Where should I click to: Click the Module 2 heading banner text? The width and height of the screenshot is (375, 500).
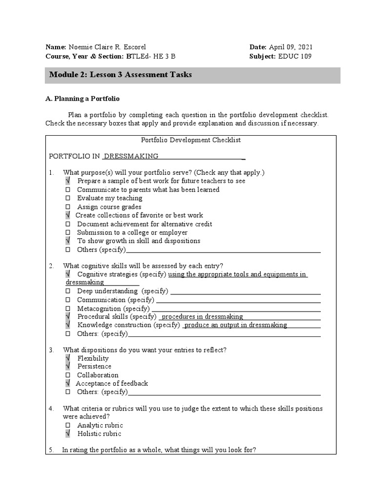(121, 75)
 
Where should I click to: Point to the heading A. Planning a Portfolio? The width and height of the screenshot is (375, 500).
(83, 98)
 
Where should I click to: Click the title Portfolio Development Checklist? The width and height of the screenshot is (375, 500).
(191, 140)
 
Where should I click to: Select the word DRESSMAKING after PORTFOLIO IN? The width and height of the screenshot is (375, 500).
(131, 156)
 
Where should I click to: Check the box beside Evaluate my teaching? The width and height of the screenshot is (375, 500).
(68, 198)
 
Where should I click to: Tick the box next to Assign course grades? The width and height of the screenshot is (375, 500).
(68, 207)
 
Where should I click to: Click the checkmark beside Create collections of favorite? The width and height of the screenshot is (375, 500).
(68, 215)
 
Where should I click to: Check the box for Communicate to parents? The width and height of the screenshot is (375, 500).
(68, 190)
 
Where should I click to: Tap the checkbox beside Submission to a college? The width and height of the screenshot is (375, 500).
(68, 233)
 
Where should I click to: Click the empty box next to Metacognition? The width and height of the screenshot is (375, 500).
(68, 309)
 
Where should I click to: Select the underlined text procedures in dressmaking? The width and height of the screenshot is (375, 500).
(202, 316)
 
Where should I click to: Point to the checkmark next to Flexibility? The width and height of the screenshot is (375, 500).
(68, 358)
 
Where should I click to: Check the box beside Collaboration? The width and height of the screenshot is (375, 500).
(68, 375)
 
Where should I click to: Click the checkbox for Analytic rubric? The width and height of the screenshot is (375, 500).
(68, 425)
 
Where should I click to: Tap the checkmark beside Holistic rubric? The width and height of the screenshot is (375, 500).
(68, 434)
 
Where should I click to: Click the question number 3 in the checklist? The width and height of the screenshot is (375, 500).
(51, 350)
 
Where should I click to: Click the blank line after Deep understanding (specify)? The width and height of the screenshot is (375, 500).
(245, 292)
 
